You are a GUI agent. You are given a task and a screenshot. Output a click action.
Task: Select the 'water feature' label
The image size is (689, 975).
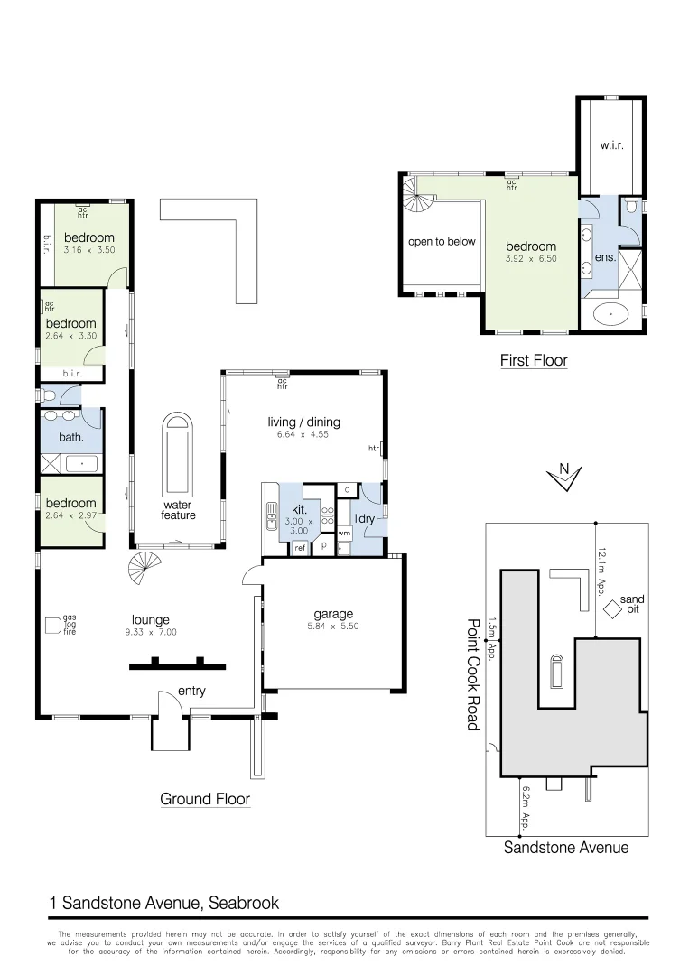[179, 509]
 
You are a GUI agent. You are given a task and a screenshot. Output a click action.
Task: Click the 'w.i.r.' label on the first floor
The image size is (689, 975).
[611, 145]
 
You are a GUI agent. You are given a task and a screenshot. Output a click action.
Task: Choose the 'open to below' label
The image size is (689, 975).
[442, 242]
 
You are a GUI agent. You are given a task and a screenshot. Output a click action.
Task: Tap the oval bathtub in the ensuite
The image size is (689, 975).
[613, 316]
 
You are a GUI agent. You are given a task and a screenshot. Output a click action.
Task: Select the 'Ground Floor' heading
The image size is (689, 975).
[205, 799]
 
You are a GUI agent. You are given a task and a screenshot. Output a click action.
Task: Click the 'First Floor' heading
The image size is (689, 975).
[534, 361]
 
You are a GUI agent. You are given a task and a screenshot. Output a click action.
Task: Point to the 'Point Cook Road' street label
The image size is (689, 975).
[471, 673]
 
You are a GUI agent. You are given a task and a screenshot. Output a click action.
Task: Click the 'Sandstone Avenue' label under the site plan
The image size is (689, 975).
[565, 848]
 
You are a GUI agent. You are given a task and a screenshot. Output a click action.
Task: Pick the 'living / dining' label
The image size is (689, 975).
[303, 422]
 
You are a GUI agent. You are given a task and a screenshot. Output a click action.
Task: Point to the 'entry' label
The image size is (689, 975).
[191, 692]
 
